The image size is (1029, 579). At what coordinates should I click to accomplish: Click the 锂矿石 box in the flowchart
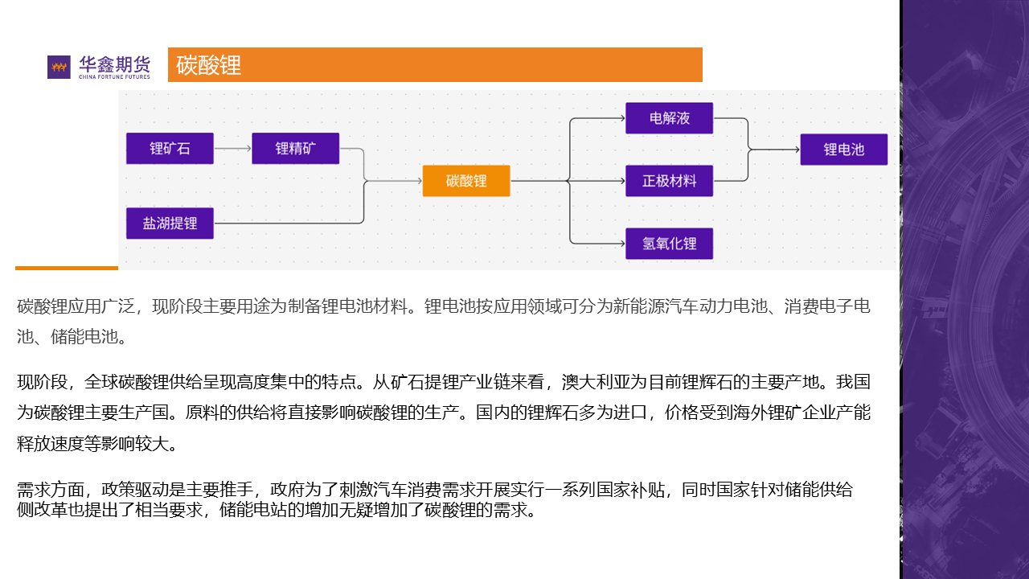(170, 149)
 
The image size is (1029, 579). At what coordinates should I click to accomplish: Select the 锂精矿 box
(296, 149)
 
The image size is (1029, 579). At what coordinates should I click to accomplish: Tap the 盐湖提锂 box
(170, 223)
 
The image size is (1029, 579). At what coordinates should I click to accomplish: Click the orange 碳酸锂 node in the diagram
(466, 181)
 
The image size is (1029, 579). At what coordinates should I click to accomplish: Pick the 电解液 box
(670, 118)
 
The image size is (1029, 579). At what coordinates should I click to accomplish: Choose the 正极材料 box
(670, 181)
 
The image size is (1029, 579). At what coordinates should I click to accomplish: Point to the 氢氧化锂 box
(670, 244)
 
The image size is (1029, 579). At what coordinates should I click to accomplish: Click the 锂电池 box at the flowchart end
(843, 150)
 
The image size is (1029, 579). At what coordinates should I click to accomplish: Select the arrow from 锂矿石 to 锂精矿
(233, 149)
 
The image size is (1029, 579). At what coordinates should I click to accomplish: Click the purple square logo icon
(59, 67)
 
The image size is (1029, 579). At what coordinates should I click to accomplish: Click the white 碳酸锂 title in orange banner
(209, 65)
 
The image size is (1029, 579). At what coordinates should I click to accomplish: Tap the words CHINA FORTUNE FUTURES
(114, 77)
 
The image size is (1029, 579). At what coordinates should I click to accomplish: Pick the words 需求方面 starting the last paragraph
(51, 490)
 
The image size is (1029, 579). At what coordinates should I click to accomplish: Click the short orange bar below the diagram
(67, 268)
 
